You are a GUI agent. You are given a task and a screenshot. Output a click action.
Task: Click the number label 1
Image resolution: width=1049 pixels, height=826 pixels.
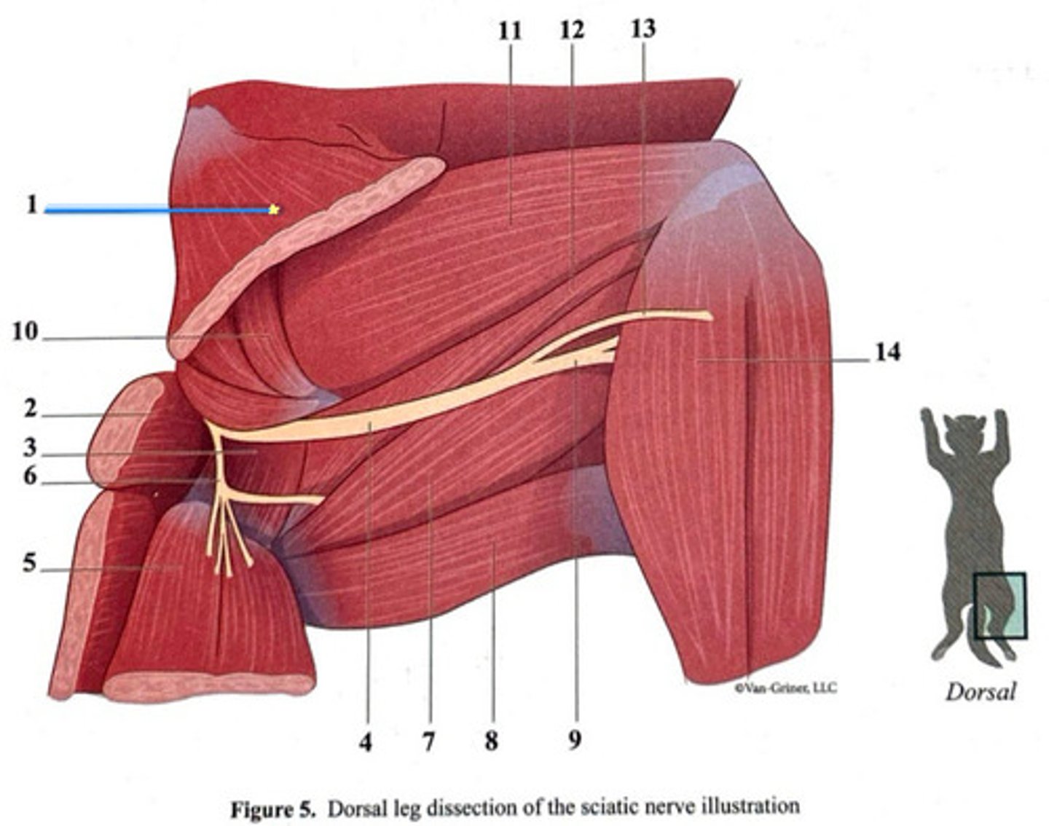pyautogui.click(x=31, y=205)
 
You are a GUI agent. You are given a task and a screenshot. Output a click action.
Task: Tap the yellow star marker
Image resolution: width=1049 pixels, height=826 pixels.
pyautogui.click(x=274, y=210)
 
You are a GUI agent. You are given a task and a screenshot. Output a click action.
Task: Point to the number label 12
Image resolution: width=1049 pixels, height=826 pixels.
pyautogui.click(x=572, y=31)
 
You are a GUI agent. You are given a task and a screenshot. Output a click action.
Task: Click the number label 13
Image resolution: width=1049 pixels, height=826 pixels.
pyautogui.click(x=643, y=29)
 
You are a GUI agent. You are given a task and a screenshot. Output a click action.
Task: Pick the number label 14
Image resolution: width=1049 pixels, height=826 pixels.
pyautogui.click(x=887, y=353)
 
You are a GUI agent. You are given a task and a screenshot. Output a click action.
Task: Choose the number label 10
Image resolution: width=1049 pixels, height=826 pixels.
pyautogui.click(x=24, y=332)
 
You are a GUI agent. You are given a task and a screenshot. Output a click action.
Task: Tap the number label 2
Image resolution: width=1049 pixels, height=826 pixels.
pyautogui.click(x=30, y=409)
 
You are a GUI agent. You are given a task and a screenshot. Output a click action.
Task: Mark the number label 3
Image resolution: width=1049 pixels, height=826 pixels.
pyautogui.click(x=30, y=447)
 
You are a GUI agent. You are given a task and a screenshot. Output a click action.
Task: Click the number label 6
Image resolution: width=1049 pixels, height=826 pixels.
pyautogui.click(x=30, y=476)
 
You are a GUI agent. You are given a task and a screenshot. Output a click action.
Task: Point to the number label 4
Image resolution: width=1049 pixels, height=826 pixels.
pyautogui.click(x=366, y=742)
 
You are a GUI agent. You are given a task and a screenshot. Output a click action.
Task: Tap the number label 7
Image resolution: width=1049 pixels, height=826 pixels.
pyautogui.click(x=428, y=742)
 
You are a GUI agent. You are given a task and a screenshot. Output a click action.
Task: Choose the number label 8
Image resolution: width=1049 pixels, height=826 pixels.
pyautogui.click(x=492, y=742)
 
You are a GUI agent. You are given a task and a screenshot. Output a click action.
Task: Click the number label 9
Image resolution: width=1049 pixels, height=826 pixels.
pyautogui.click(x=575, y=741)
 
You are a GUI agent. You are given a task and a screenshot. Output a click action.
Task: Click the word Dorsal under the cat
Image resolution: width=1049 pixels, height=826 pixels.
pyautogui.click(x=980, y=691)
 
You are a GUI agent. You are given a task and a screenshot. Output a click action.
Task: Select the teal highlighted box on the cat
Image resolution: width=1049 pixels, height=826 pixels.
pyautogui.click(x=1000, y=605)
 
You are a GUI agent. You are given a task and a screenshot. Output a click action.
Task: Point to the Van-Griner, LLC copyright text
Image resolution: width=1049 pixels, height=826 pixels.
pyautogui.click(x=785, y=687)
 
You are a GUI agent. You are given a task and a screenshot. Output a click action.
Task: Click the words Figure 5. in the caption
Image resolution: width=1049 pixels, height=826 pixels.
pyautogui.click(x=273, y=809)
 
